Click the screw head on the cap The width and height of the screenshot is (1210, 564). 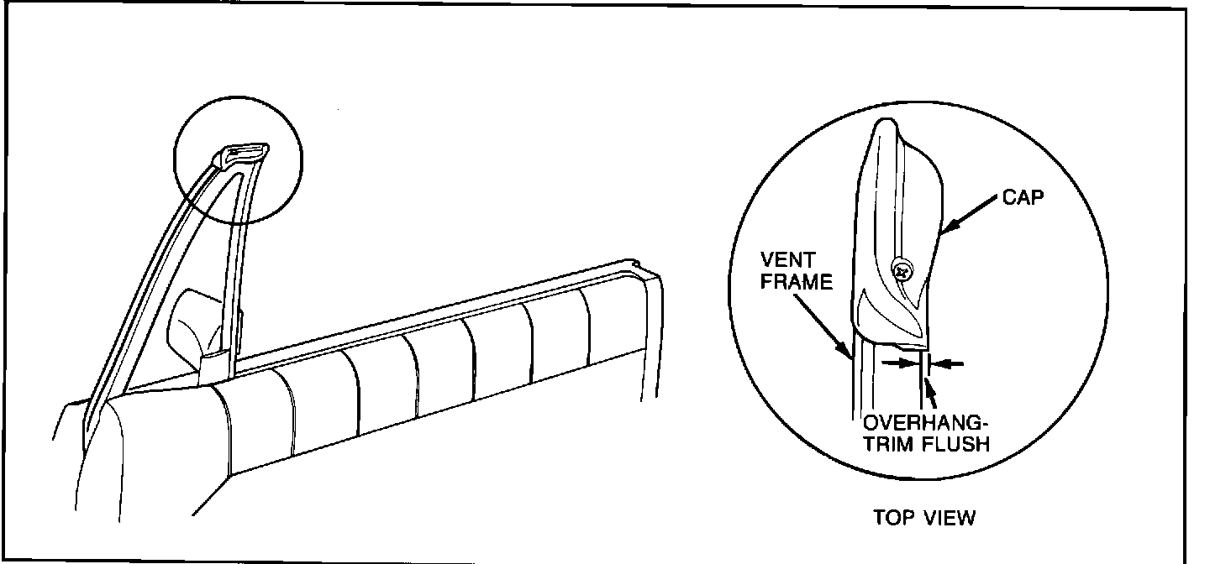[x=900, y=271]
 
